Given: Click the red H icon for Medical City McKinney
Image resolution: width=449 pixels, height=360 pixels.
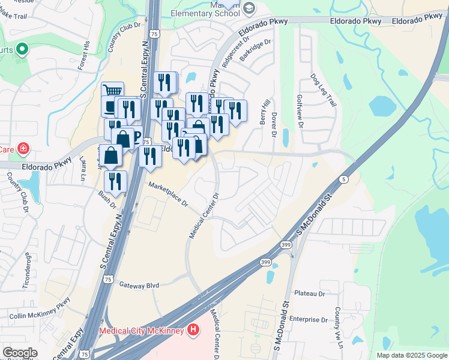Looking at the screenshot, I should [x=193, y=329].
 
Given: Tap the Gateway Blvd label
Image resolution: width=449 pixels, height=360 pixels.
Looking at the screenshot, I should [x=139, y=285].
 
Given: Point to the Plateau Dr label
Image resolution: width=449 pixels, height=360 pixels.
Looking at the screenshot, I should [x=309, y=293].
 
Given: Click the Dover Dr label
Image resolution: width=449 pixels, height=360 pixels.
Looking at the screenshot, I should [x=274, y=125].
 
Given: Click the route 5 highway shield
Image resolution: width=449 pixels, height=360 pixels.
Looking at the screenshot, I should [x=342, y=179].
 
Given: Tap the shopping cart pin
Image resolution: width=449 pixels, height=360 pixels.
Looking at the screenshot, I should [x=112, y=91].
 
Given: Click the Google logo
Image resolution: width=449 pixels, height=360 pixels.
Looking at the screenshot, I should [x=20, y=353].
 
